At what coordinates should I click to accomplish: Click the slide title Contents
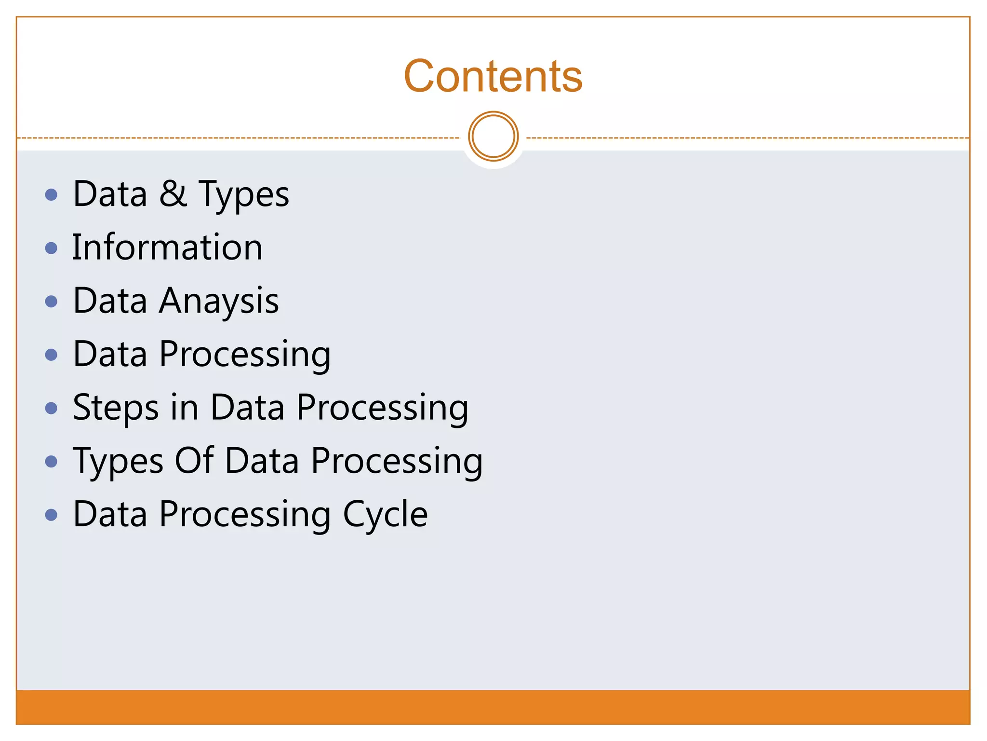493,76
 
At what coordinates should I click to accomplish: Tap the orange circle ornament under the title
493,137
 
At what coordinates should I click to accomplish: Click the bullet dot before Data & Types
51,195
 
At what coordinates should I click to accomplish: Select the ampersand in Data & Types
173,194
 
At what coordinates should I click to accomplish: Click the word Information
167,247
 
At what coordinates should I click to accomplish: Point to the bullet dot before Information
51,248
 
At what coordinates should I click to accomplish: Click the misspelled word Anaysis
219,302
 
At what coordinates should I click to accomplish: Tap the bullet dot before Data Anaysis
51,302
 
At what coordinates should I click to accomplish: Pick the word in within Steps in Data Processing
185,408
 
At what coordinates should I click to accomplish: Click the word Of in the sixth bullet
194,461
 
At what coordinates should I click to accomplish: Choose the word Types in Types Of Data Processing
118,462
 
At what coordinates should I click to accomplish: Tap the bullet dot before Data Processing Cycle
51,515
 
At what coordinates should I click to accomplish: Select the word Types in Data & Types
243,195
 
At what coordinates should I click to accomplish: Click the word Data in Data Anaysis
110,301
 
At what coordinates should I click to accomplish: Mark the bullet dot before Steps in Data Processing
51,409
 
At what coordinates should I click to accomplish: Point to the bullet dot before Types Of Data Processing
51,462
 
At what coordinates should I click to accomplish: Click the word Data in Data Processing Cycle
110,514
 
